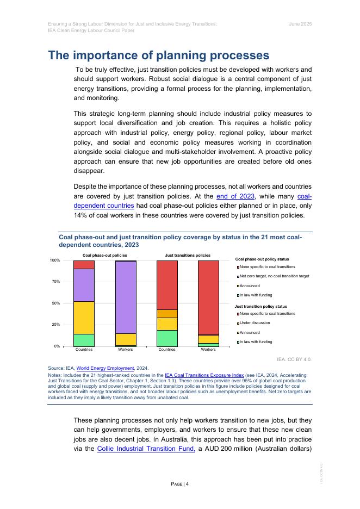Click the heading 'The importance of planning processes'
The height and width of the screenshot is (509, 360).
158,55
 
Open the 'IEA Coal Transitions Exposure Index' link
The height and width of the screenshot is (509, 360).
199,375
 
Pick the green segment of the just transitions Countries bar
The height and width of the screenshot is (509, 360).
167,338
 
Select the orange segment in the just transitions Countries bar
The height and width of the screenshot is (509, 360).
167,314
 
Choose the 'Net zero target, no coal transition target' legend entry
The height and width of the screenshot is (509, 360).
274,276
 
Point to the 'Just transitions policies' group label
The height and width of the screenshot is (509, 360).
188,255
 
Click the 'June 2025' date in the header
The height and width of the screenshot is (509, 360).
300,24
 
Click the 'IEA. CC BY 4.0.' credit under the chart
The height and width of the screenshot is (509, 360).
294,359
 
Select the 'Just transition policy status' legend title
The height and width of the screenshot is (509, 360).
260,307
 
